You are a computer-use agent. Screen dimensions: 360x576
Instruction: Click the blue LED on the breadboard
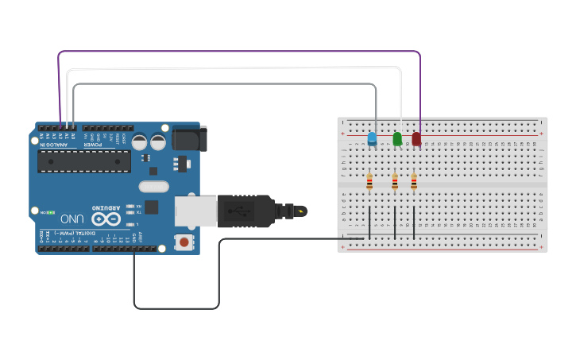[372, 138]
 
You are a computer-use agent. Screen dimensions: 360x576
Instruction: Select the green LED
[397, 139]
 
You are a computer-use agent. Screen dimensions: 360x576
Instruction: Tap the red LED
[416, 139]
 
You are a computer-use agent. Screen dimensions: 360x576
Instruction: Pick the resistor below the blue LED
[369, 182]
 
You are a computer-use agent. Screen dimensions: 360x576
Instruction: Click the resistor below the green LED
[395, 182]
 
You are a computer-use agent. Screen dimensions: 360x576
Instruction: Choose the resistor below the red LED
[414, 182]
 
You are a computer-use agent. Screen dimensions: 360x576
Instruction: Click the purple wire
[238, 52]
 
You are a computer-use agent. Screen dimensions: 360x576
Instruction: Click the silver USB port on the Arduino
[195, 211]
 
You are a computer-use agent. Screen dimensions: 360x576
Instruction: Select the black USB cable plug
[246, 211]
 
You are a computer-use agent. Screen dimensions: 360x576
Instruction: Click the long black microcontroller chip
[84, 161]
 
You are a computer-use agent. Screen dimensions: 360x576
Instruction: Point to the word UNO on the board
[72, 219]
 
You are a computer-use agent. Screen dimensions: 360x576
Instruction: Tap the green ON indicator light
[51, 212]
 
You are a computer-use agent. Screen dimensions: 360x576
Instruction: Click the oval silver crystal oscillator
[153, 187]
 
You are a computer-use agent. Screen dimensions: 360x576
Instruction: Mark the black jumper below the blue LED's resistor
[369, 222]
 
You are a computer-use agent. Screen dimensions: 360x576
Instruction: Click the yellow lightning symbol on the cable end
[300, 211]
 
